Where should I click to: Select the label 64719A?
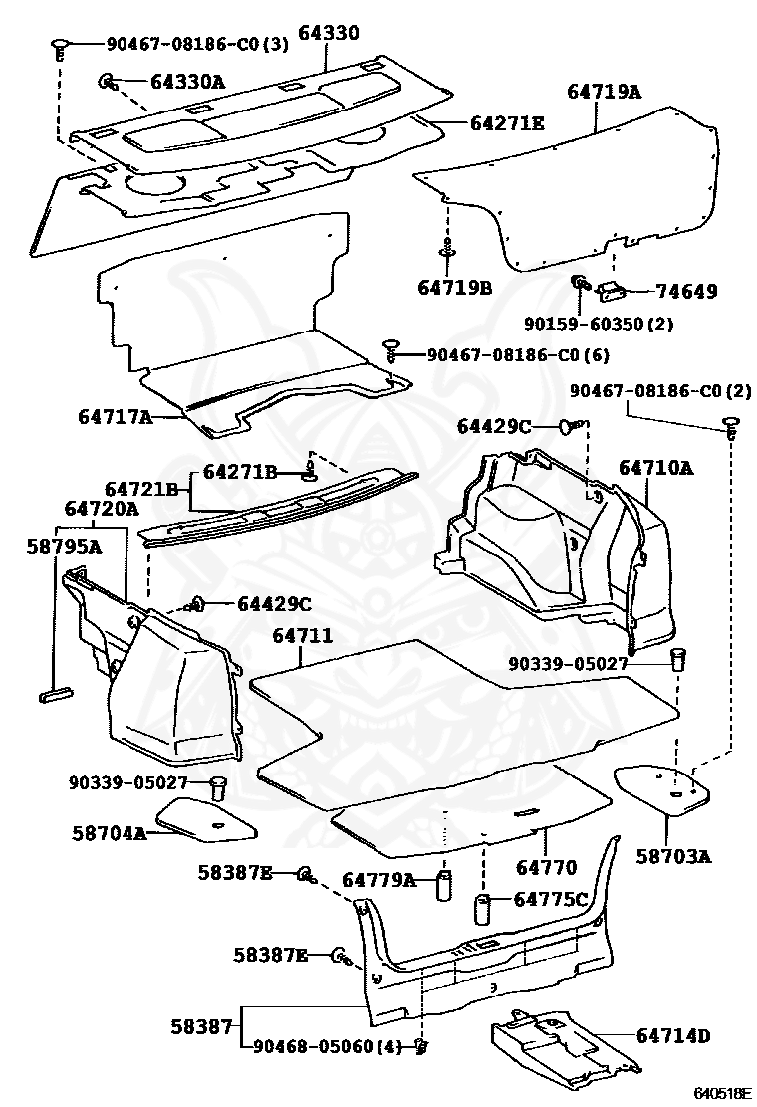coord(604,91)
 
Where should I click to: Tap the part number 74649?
coord(685,291)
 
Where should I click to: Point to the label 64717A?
coord(116,416)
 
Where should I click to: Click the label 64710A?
coord(656,467)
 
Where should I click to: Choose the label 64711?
coord(302,636)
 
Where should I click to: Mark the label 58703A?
coord(673,856)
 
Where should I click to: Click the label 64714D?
coord(672,1035)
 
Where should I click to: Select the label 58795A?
coord(65,546)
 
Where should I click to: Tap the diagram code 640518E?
coord(720,1094)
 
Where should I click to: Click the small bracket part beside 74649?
coord(610,290)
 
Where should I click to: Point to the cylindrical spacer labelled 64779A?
coord(443,885)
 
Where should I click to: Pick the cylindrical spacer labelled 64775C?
coord(482,909)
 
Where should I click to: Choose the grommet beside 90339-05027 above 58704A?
coord(217,786)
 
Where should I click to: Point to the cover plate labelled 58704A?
coord(205,820)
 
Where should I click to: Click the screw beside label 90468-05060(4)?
coord(421,1046)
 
